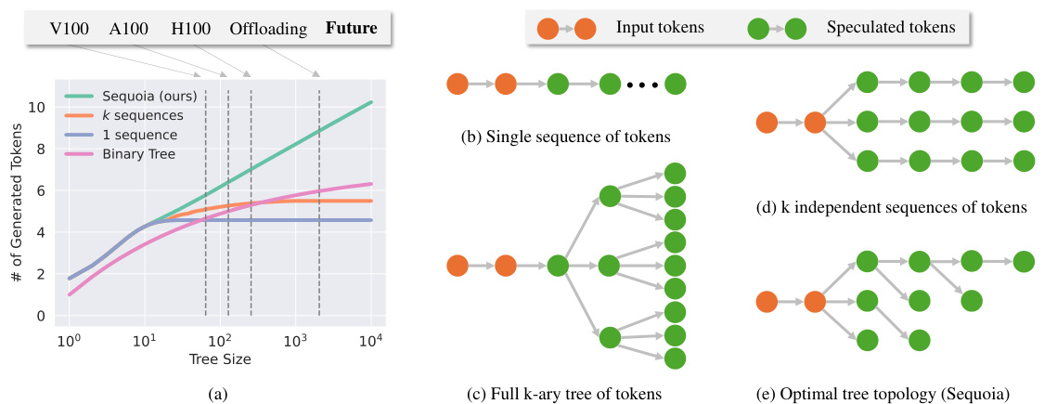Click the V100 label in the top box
71,28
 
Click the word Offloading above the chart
268,28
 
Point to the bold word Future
352,28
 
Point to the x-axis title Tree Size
219,358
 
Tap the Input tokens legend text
660,28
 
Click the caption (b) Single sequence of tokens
565,137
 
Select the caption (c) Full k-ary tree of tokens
564,393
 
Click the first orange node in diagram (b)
458,85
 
